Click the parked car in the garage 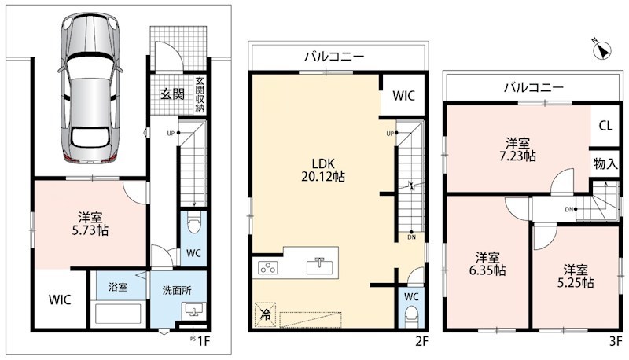(x=90, y=87)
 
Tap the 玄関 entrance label (x=172, y=94)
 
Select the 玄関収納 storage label (x=200, y=94)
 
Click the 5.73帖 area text (x=90, y=231)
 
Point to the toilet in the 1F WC (x=193, y=225)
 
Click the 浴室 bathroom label (x=118, y=287)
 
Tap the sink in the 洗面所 (x=193, y=310)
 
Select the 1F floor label (x=204, y=341)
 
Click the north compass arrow (x=601, y=50)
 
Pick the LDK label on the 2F (x=323, y=163)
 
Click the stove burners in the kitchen (x=266, y=267)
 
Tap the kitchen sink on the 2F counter (x=318, y=266)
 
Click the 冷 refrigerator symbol (x=265, y=314)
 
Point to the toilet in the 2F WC (x=411, y=317)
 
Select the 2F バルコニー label (x=333, y=57)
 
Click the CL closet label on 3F (x=605, y=126)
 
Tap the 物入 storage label (x=605, y=163)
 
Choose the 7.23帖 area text (x=517, y=156)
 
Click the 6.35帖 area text (x=487, y=270)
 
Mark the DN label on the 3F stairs (x=568, y=209)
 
